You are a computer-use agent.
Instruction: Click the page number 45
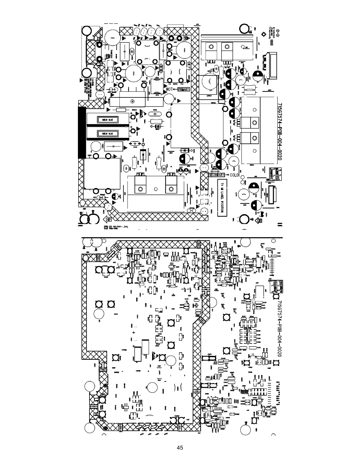tap(180, 448)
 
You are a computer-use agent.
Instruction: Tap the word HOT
tap(170, 89)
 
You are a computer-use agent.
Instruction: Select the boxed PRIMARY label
tap(183, 89)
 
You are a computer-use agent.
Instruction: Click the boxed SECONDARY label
tap(217, 175)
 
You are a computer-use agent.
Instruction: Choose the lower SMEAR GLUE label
tap(107, 134)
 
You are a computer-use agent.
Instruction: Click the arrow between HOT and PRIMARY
tap(175, 89)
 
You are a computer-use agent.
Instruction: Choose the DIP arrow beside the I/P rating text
tap(108, 219)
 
